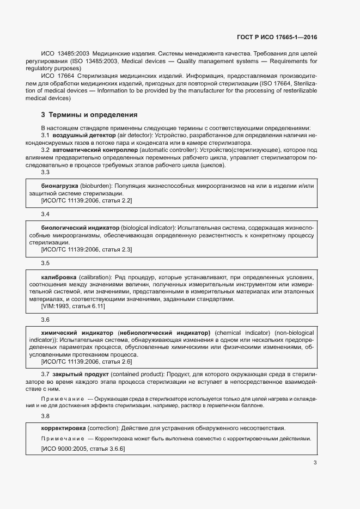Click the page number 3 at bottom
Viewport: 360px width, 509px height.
[315, 463]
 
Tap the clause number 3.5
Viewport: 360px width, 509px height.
[46, 263]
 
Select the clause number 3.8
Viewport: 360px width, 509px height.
[46, 416]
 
